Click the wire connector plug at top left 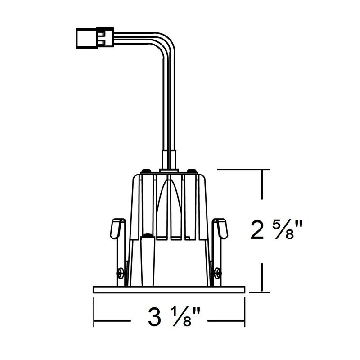point(95,38)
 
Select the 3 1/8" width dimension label point(174,317)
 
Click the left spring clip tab point(116,229)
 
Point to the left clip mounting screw point(120,274)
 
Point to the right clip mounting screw point(218,274)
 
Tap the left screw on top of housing point(146,171)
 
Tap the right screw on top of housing point(192,171)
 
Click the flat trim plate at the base point(169,290)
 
